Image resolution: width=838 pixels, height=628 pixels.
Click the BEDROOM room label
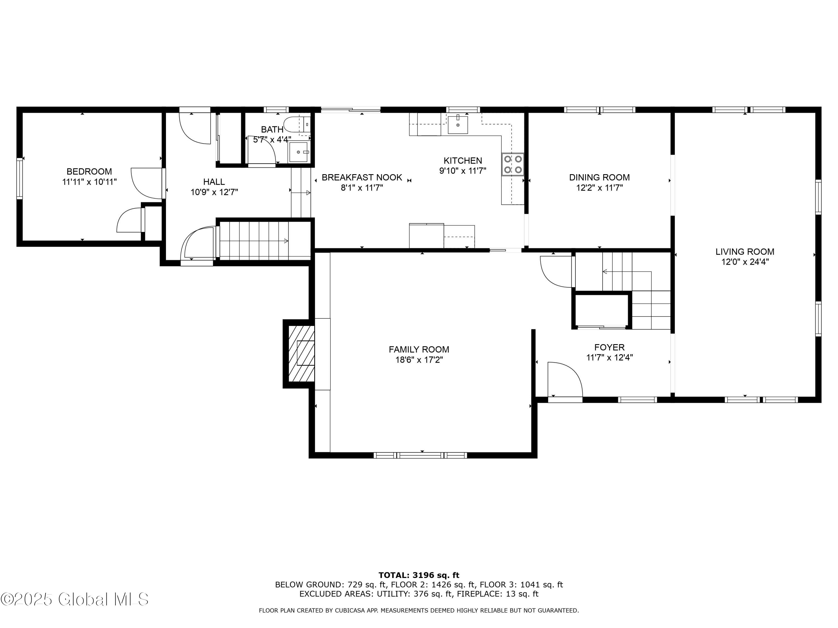pos(89,171)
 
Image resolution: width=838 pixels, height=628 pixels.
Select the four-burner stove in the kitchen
pos(513,165)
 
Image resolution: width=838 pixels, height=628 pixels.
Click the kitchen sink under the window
pos(458,125)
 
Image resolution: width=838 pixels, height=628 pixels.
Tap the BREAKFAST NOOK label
pos(362,178)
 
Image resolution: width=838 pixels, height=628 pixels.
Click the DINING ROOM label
pos(599,177)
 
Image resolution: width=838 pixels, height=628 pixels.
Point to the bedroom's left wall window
pos(19,178)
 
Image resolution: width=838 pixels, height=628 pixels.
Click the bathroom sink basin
pos(299,152)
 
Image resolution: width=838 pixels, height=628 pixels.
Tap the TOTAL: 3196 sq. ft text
pos(419,575)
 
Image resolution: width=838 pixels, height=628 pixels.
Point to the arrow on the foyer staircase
pos(605,271)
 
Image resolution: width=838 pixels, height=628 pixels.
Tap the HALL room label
pos(214,182)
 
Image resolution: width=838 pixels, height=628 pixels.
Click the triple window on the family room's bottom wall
pos(420,456)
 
